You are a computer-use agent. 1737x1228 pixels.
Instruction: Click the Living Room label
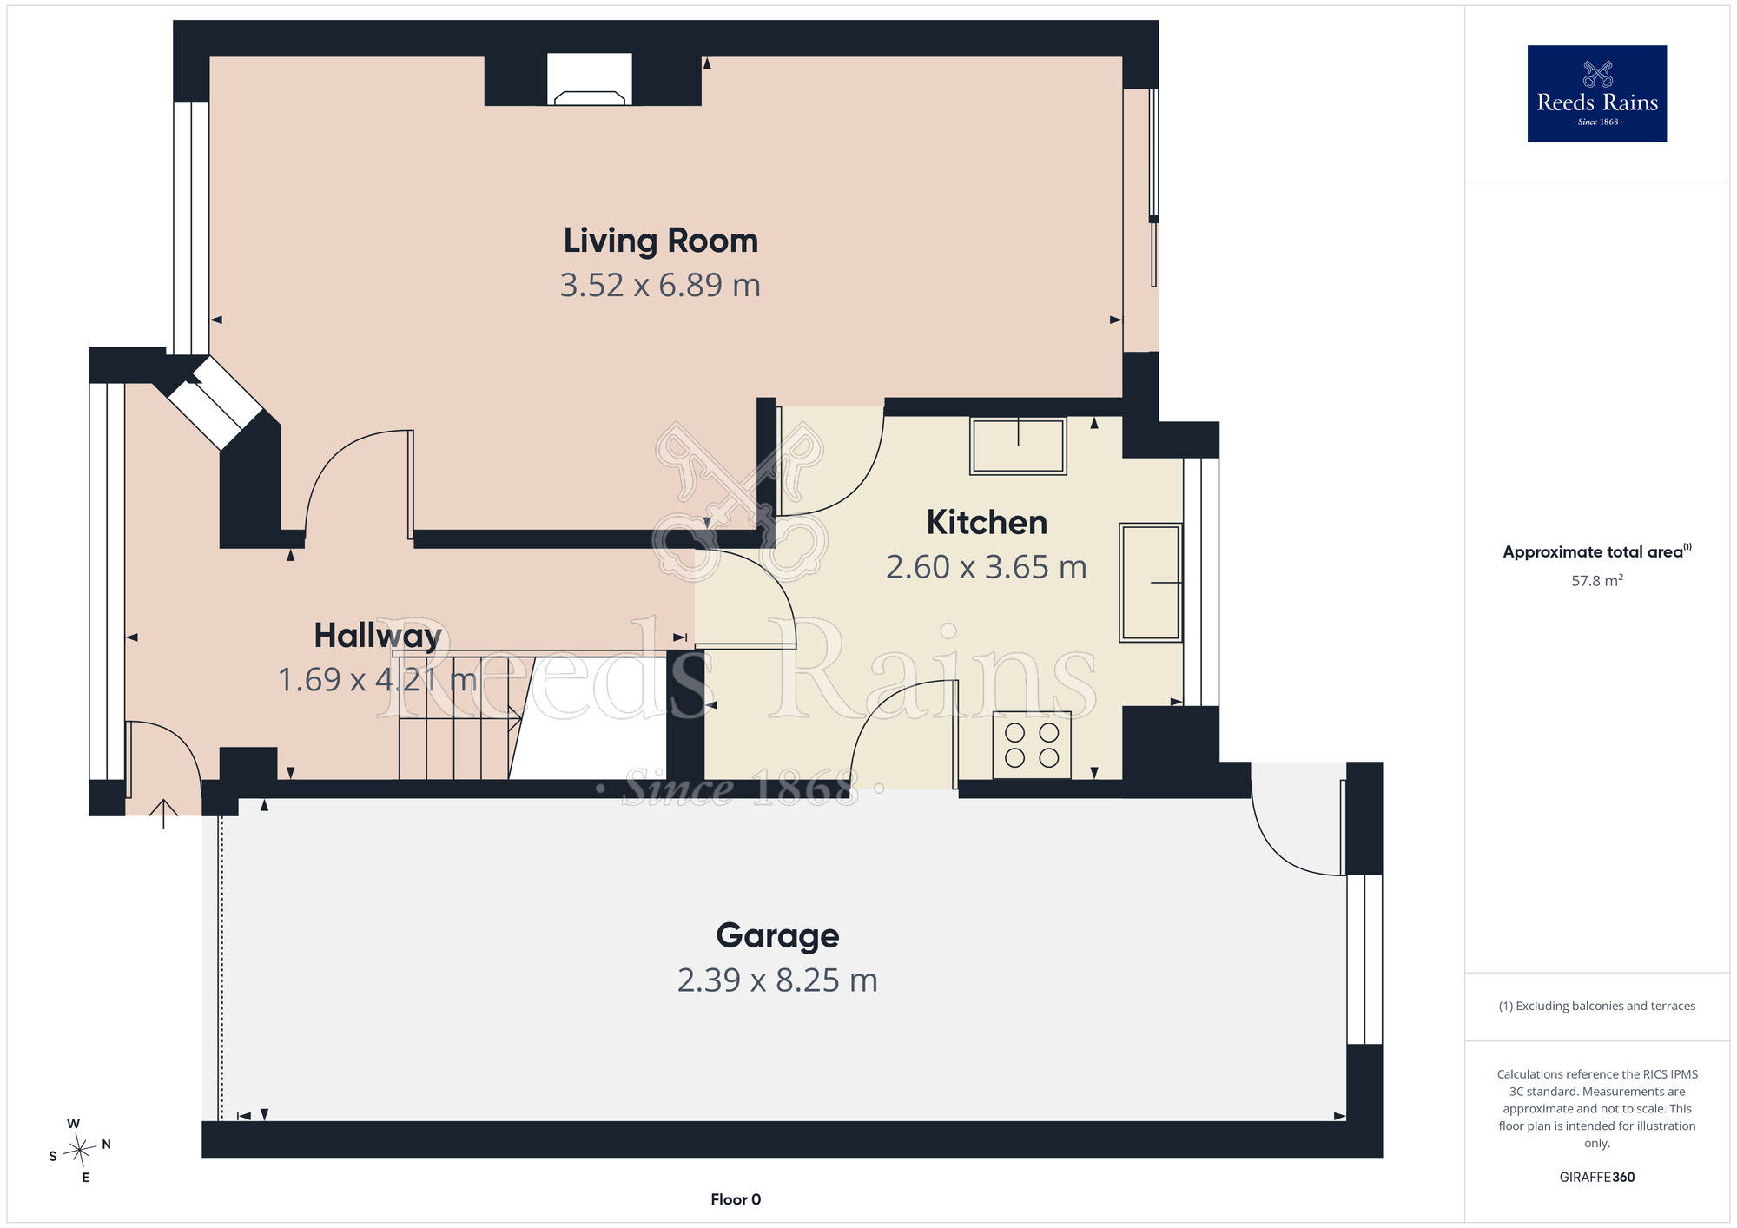click(x=660, y=241)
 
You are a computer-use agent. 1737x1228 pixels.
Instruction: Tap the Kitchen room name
click(x=987, y=522)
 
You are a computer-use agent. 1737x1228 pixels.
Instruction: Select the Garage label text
click(x=777, y=936)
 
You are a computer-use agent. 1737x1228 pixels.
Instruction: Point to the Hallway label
click(x=378, y=636)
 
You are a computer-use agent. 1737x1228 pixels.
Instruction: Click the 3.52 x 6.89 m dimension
click(x=660, y=285)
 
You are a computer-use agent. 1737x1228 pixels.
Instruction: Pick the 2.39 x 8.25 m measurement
click(x=777, y=980)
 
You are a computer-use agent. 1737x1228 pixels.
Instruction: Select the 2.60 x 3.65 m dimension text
click(x=987, y=567)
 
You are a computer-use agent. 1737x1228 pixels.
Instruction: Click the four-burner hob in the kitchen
click(x=1032, y=745)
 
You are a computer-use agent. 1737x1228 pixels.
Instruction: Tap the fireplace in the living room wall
click(x=590, y=80)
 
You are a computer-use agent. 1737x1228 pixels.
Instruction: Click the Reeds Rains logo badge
click(x=1596, y=94)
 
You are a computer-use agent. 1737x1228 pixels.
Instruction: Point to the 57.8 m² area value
click(x=1596, y=580)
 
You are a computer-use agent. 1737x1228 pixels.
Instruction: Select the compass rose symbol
click(x=79, y=1151)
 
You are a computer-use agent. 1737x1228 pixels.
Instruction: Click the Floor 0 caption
click(x=736, y=1199)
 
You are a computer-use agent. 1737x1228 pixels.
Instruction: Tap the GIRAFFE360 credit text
click(x=1596, y=1178)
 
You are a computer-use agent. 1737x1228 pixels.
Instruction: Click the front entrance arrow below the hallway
click(x=163, y=814)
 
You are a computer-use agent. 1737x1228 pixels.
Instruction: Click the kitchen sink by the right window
click(x=1151, y=583)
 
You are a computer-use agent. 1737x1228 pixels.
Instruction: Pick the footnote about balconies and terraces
click(x=1596, y=1006)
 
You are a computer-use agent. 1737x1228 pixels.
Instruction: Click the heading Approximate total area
click(x=1596, y=551)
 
